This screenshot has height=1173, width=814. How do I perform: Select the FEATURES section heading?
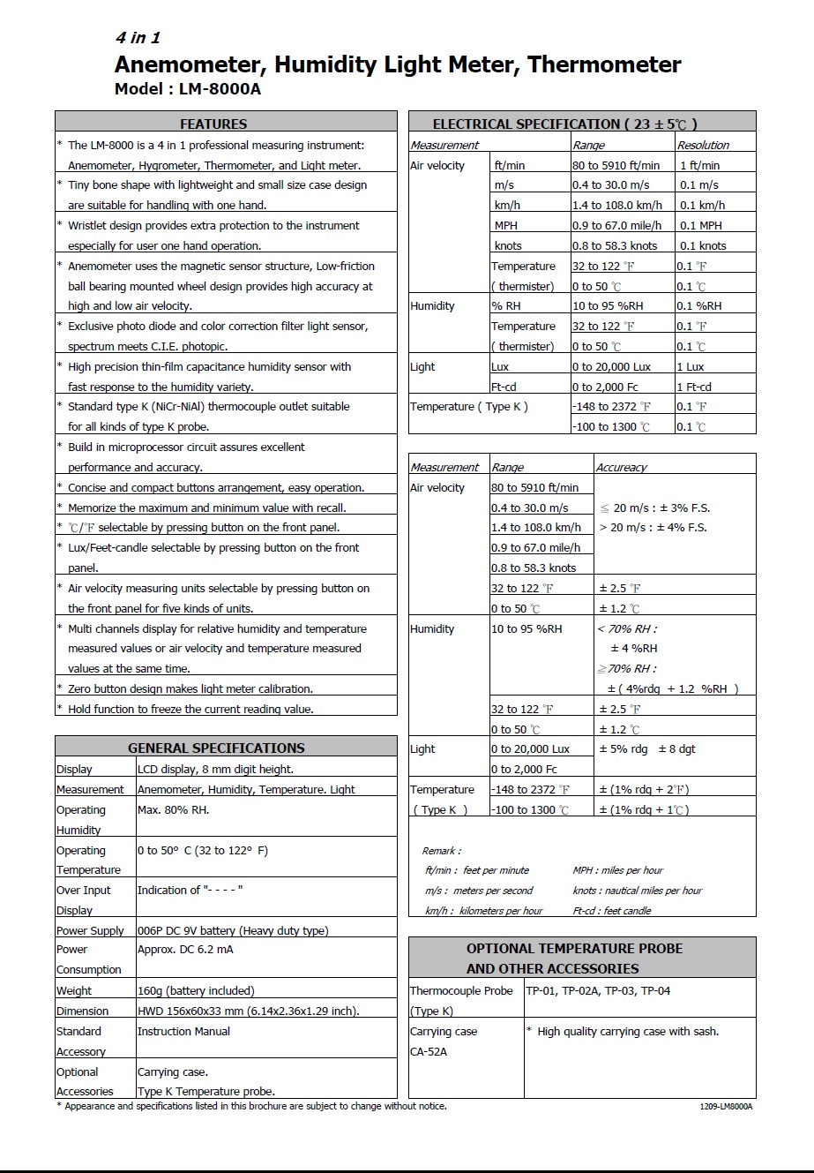tap(213, 124)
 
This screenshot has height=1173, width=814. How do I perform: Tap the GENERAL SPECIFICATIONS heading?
tap(216, 748)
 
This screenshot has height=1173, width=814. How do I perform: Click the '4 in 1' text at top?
tap(138, 38)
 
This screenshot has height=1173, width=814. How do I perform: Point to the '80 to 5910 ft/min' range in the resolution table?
tap(616, 165)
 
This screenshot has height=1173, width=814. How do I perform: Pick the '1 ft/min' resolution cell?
tap(699, 165)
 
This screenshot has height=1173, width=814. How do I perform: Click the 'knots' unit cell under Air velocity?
tap(508, 246)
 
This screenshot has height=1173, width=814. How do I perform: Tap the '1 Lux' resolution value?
tap(691, 367)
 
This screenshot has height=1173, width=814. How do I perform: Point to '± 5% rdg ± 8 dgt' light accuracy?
tap(647, 749)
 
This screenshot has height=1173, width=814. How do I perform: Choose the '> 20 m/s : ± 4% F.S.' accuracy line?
tap(653, 528)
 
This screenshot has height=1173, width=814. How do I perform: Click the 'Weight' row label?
tap(74, 991)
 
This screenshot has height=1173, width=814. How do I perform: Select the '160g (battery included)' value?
tap(196, 991)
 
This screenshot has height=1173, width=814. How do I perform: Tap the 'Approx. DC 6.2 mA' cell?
tap(185, 950)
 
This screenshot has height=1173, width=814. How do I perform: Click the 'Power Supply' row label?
tap(90, 931)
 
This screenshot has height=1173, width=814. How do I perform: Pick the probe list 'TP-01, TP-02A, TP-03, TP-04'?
tap(598, 991)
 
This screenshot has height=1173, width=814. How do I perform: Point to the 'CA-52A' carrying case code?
tap(429, 1052)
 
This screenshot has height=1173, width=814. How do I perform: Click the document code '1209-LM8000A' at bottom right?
tap(726, 1107)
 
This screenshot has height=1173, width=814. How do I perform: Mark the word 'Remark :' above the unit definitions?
tap(441, 851)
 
